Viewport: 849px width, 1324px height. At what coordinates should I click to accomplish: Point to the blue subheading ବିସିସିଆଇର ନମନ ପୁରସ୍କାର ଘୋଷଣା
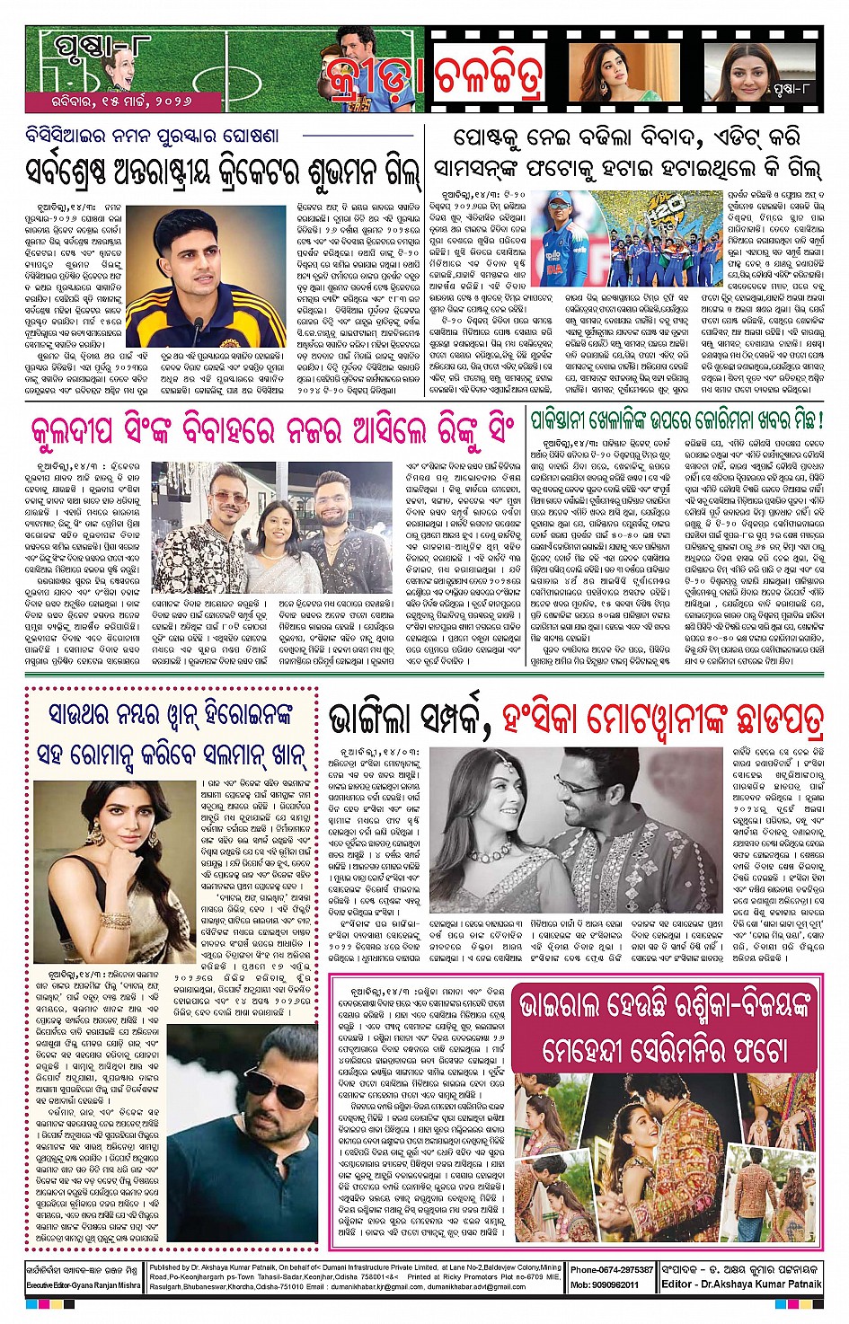coord(152,136)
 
